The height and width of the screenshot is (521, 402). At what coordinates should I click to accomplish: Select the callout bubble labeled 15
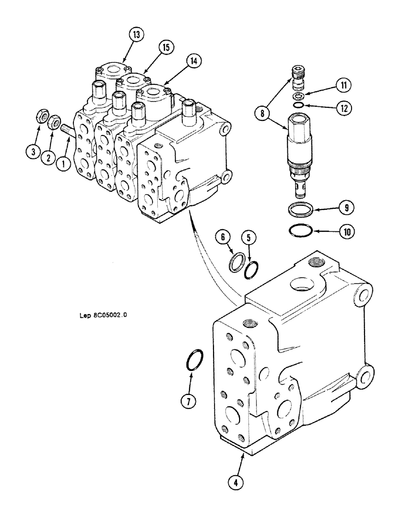(x=166, y=48)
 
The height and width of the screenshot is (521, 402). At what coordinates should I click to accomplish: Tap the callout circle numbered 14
(x=194, y=61)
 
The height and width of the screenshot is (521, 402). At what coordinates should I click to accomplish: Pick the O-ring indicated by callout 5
(x=252, y=269)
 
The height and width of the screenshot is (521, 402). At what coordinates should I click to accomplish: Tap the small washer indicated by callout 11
(x=299, y=97)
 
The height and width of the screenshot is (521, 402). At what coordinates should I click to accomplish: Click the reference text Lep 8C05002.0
(x=103, y=315)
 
